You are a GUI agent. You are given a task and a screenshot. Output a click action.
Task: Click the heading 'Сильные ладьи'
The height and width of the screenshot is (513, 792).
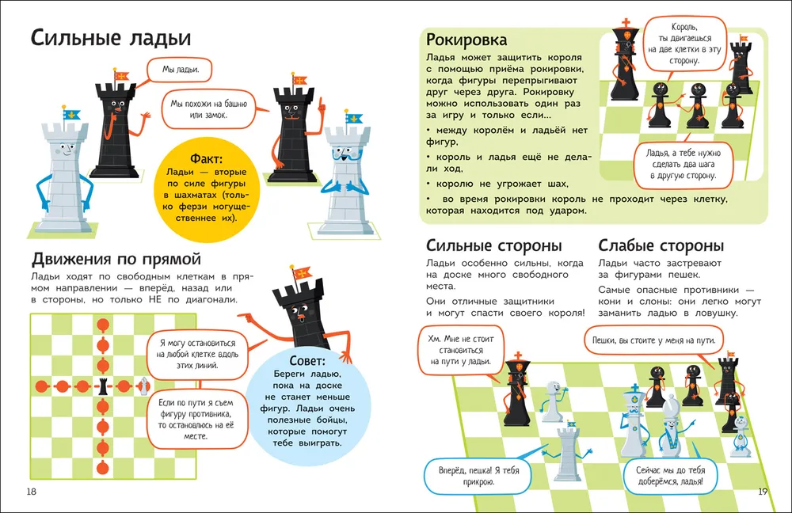[x=111, y=38]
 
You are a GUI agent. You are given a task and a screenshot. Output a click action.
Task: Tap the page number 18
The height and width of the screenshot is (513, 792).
[x=32, y=492]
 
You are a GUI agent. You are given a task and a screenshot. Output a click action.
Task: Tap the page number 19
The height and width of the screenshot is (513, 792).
[x=763, y=492]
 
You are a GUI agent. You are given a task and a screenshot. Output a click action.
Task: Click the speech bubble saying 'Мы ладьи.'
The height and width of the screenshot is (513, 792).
[x=180, y=70]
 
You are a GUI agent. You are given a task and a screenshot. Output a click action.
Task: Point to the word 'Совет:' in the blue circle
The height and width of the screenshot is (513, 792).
[x=307, y=361]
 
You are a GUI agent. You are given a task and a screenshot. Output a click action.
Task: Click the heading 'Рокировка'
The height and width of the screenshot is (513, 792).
[x=466, y=40]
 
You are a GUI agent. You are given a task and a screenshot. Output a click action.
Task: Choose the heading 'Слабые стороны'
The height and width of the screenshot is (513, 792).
[x=661, y=245]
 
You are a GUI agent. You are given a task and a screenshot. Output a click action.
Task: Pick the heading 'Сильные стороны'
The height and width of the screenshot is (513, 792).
[x=493, y=245]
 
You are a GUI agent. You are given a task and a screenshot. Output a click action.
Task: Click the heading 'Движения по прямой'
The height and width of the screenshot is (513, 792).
[x=116, y=259]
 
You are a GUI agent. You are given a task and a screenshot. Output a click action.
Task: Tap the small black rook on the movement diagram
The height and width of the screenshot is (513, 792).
[x=103, y=386]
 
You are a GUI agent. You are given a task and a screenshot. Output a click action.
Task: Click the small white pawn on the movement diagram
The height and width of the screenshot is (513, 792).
[x=144, y=386]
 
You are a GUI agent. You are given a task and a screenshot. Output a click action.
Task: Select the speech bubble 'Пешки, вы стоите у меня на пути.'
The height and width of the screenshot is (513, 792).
[x=653, y=340]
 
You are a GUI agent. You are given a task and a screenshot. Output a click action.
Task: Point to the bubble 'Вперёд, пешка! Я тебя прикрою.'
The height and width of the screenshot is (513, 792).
[x=478, y=476]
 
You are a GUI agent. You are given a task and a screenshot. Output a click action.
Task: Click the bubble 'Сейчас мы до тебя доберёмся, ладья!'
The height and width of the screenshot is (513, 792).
[x=670, y=476]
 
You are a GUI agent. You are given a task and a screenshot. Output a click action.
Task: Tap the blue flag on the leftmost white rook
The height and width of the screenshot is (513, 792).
[x=72, y=115]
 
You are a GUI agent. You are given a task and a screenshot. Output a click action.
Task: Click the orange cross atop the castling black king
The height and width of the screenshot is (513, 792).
[x=626, y=23]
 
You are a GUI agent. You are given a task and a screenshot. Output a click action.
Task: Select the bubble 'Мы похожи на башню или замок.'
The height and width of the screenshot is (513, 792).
[x=208, y=109]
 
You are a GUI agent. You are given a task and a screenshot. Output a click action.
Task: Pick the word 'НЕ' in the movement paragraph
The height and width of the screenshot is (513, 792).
[x=155, y=299]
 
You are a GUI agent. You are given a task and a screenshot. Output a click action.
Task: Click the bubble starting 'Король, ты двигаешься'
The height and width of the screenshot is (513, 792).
[x=684, y=44]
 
